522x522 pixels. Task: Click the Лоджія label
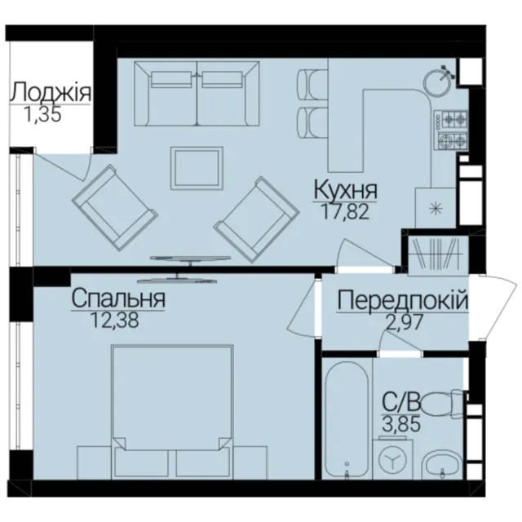51,92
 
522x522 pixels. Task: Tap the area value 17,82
345,212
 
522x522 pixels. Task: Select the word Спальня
118,299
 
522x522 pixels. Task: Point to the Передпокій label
403,300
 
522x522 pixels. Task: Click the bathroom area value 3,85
401,425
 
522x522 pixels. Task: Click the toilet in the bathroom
442,404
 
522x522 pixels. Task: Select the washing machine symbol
393,460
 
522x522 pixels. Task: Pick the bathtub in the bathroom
347,421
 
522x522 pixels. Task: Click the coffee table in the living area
197,169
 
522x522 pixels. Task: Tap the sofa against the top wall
197,94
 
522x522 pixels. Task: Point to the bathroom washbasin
441,465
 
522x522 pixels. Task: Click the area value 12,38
114,321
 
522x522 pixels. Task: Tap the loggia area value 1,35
42,114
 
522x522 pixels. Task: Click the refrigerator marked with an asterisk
435,208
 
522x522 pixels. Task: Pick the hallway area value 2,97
404,322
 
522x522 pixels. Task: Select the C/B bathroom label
401,403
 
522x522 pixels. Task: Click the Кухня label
345,190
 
